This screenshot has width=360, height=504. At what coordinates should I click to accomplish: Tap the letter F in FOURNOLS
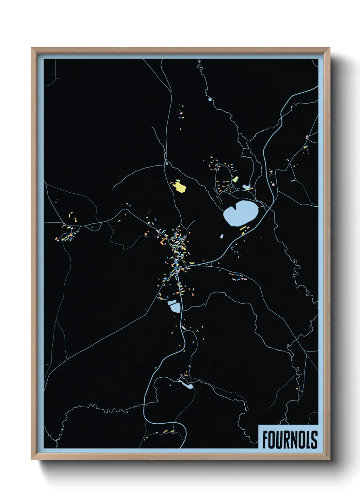tap(265, 440)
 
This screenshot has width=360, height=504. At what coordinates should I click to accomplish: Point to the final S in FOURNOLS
tap(314, 440)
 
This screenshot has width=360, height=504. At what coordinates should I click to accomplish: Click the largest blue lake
tap(240, 213)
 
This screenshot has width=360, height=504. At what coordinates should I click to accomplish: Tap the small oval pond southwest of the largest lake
tap(222, 236)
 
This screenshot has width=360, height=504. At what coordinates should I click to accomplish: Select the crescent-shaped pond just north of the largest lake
tap(246, 187)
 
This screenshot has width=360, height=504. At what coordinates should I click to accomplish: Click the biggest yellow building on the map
tap(180, 187)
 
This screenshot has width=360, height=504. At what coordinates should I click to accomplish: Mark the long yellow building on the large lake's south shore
tap(243, 229)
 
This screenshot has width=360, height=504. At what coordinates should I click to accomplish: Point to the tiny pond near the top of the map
tap(210, 100)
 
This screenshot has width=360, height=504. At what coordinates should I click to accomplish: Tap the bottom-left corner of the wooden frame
tap(32, 459)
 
